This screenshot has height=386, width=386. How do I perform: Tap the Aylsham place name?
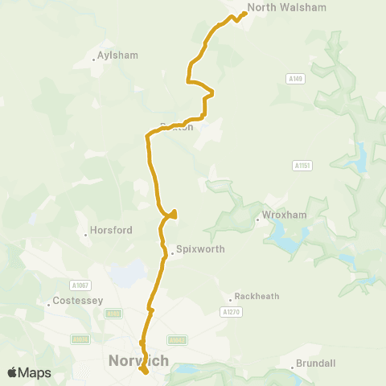tap(117, 55)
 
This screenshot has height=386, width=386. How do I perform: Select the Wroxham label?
tap(281, 216)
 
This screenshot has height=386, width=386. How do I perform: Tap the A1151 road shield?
tap(302, 165)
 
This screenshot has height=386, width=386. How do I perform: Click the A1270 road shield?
tap(231, 311)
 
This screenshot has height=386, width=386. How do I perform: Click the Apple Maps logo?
tap(28, 372)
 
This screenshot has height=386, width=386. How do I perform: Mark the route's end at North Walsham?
tap(244, 13)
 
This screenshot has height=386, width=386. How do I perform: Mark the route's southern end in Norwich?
tap(145, 372)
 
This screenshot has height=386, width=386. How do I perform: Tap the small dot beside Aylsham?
tap(93, 59)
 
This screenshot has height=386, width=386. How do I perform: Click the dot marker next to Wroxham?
tap(258, 216)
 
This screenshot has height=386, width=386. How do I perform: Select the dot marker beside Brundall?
tap(292, 368)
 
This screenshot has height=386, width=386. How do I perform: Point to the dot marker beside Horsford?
tap(86, 235)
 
